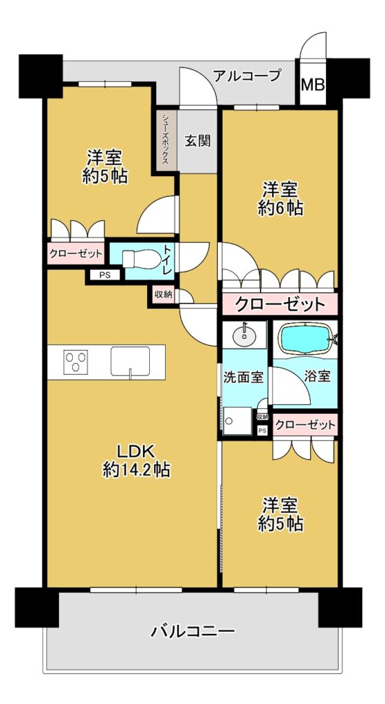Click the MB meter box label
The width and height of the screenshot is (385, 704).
click(x=312, y=85)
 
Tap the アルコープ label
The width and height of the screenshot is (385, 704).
click(x=247, y=75)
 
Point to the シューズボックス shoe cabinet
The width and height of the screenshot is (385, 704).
click(x=166, y=140)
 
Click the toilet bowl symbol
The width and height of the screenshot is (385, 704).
click(x=140, y=259)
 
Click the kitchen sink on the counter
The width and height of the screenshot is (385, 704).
click(x=131, y=361)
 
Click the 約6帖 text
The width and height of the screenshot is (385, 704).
click(x=280, y=208)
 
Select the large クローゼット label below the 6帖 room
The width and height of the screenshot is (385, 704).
click(x=280, y=305)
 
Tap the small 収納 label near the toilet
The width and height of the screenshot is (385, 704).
click(x=162, y=295)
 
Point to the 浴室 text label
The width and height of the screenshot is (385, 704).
click(x=318, y=376)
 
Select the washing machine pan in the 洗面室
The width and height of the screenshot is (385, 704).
click(x=237, y=421)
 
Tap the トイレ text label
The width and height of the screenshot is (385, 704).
click(x=167, y=259)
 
